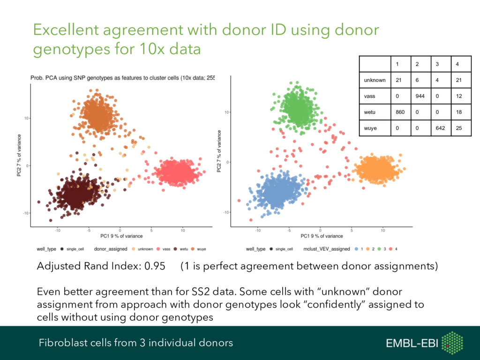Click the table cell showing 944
click(420, 96)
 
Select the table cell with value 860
click(400, 112)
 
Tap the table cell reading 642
click(439, 128)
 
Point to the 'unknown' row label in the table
click(375, 80)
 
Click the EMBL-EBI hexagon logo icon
click(452, 343)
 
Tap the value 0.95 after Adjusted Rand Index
click(155, 267)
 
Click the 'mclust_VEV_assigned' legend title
click(327, 249)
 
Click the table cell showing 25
click(458, 128)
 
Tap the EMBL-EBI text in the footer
click(412, 344)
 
